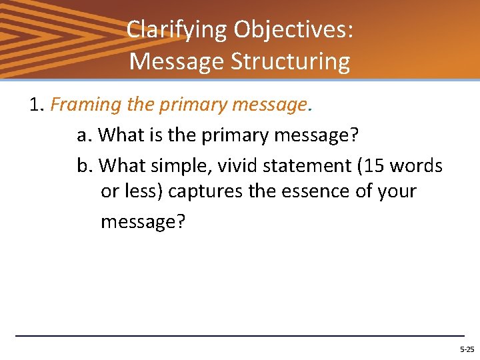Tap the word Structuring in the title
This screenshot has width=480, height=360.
click(x=290, y=61)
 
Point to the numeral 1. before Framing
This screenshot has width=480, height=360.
click(x=37, y=105)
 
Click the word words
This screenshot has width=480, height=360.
click(x=417, y=165)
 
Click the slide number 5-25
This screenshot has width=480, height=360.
click(x=467, y=349)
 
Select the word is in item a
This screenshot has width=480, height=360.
click(x=157, y=135)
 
